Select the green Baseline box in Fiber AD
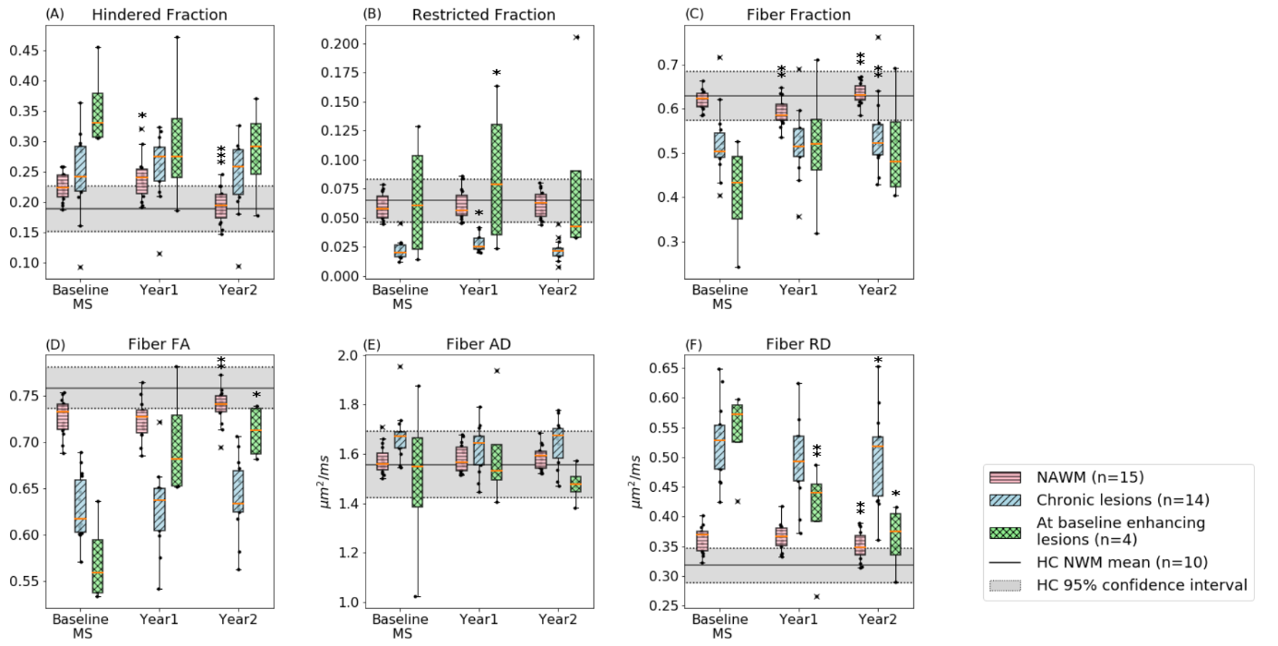(420, 472)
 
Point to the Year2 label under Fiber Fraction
(878, 290)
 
